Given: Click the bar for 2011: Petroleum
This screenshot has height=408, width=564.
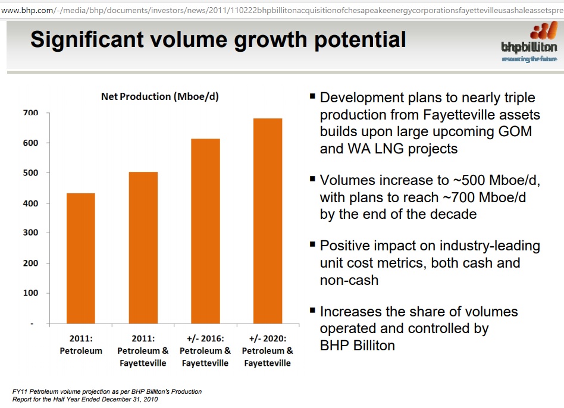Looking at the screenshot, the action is pos(81,259).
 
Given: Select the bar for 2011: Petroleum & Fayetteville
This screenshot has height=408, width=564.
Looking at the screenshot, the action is pos(143,248).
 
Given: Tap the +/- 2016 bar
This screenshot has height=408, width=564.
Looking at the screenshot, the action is pos(205,231).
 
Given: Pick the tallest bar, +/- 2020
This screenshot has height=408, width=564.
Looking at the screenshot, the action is pos(268,221).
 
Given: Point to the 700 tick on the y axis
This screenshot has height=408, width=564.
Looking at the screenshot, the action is pos(30,113).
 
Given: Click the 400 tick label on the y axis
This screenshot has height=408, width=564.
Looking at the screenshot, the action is pos(30,203).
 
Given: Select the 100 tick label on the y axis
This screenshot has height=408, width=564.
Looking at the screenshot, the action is pos(30,293).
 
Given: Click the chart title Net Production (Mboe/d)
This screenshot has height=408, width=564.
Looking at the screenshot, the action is pos(159,97).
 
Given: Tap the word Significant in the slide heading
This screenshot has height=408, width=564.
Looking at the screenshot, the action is pos(87,40).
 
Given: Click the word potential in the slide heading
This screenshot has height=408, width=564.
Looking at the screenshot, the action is pos(360,40).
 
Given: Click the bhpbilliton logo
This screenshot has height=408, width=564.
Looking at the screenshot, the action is pos(529,42).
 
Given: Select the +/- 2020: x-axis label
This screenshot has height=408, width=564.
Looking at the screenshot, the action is pos(268,338).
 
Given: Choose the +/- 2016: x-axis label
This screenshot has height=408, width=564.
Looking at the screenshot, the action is pos(205,338).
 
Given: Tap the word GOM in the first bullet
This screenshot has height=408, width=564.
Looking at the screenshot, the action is pos(515,131).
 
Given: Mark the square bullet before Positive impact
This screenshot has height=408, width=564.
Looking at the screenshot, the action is pos(312,244).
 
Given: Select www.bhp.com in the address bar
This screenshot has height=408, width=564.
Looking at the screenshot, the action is pos(27,11).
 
